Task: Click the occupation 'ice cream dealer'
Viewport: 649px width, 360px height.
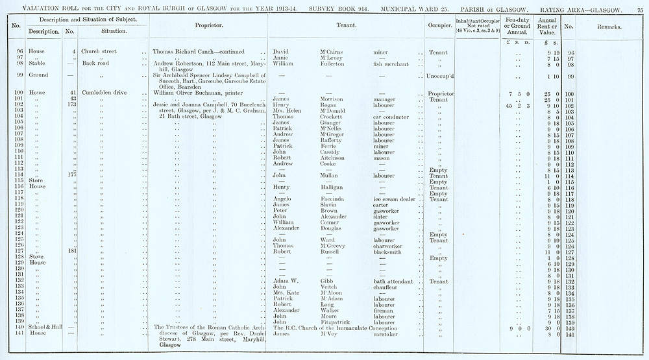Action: coord(395,199)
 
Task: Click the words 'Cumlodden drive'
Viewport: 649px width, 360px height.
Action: coord(104,93)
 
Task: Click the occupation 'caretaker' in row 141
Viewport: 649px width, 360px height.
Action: coord(387,333)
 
